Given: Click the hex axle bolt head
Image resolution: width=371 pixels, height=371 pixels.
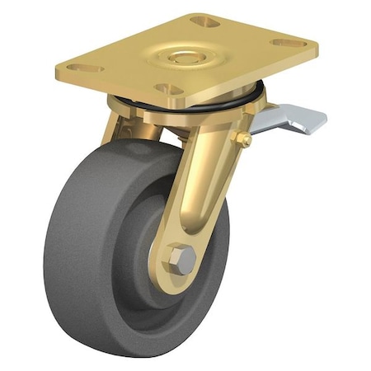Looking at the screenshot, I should tap(183, 261).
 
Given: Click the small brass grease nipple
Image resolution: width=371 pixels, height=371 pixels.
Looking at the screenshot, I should tap(245, 141).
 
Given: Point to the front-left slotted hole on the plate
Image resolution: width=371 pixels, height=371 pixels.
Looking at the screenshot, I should tap(85, 68).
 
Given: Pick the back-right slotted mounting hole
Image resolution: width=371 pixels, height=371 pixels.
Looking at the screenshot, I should tap(288, 41).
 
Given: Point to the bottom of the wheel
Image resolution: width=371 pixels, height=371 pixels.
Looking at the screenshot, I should tap(132, 350).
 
